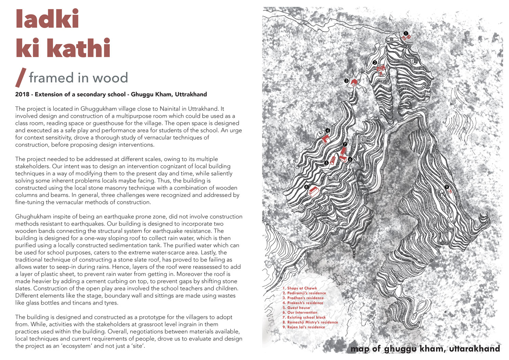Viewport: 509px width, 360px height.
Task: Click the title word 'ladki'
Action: (47, 19)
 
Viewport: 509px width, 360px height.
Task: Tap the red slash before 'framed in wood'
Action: (21, 78)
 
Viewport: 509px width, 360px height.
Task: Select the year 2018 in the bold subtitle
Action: (23, 94)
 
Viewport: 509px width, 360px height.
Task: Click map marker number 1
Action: (406, 34)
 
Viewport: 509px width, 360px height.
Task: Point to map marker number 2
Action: (375, 63)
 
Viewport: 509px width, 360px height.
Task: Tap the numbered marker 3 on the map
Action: (347, 81)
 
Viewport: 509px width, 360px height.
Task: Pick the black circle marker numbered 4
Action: (327, 130)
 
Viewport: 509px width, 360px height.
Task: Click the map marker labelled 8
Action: (306, 187)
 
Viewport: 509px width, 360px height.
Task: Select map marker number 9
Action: (447, 187)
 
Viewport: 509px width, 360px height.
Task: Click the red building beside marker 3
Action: (354, 82)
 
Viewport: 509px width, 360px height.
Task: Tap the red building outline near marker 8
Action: (314, 191)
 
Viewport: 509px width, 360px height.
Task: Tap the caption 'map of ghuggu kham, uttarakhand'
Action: (425, 349)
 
